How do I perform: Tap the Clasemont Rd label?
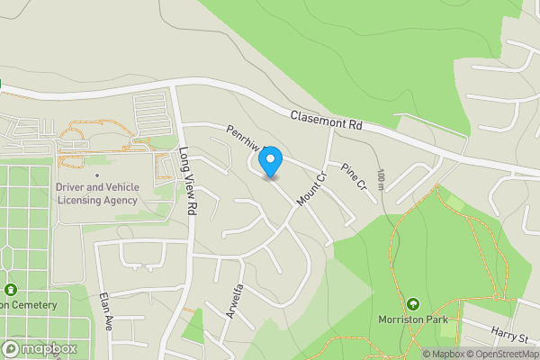point(326,121)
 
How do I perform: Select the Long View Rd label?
point(187,180)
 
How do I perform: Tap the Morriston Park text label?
point(413,321)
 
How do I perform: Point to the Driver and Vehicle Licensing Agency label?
point(97,193)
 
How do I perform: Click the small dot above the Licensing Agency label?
point(97,175)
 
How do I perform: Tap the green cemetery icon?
point(10,290)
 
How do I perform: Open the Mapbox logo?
point(39,349)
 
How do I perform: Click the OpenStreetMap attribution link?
point(502,354)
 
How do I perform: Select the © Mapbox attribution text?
point(444,354)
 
